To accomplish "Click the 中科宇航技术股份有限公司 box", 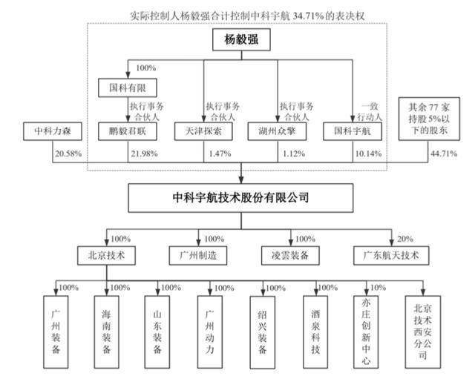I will tap(239, 198).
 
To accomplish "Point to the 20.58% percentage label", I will tap(67, 154).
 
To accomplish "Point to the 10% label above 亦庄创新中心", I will tap(379, 287).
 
